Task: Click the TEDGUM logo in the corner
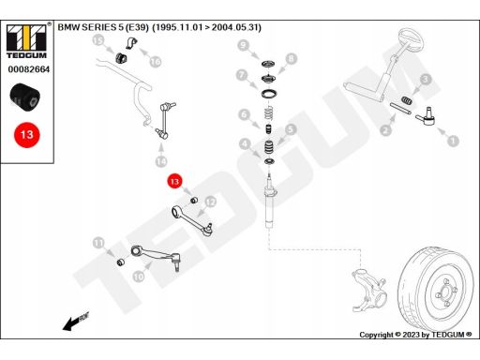pos(26,41)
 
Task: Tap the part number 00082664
pos(29,69)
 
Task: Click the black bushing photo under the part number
pos(25,97)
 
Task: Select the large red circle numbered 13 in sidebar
pos(27,135)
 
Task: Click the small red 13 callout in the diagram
pos(174,181)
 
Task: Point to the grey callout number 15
pos(98,40)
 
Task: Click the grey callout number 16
pos(156,62)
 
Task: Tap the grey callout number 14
pos(161,161)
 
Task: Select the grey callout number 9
pos(243,45)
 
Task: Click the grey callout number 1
pos(453,141)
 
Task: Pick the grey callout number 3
pos(426,80)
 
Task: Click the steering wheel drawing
pos(410,39)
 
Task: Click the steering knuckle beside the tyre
pos(368,290)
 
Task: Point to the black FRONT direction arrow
pos(76,321)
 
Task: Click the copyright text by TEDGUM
pos(415,335)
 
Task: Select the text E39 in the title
pos(137,27)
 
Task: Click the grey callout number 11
pos(98,243)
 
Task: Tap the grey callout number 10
pos(139,277)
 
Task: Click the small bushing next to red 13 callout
pos(194,200)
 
